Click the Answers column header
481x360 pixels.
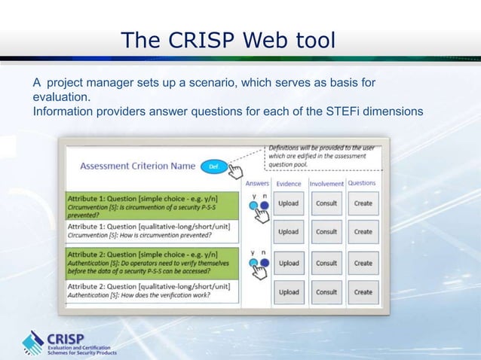click(x=257, y=183)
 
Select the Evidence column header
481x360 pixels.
click(x=289, y=183)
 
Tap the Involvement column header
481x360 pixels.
click(x=326, y=183)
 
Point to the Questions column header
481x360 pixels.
click(x=362, y=183)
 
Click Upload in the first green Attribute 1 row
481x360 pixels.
click(x=289, y=203)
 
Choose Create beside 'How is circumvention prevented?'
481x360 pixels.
click(x=363, y=232)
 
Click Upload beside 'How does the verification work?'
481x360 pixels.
click(x=289, y=292)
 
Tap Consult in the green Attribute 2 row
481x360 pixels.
click(x=326, y=264)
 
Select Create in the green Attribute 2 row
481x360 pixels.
click(x=363, y=264)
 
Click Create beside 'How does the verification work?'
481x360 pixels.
click(x=363, y=292)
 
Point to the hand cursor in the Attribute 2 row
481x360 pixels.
click(x=261, y=272)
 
